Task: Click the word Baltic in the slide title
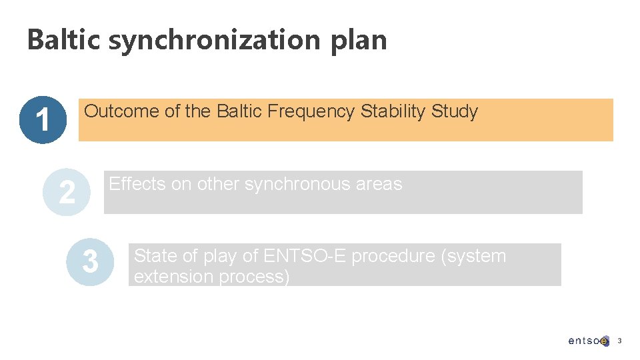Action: click(x=64, y=40)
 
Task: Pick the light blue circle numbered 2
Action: click(x=67, y=192)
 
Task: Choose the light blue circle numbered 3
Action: click(x=90, y=262)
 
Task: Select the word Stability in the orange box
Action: click(x=393, y=112)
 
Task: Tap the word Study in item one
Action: click(x=455, y=112)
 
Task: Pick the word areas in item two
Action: click(x=379, y=185)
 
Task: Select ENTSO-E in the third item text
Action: click(x=305, y=256)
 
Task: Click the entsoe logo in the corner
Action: click(x=588, y=341)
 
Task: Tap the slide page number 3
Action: click(x=619, y=341)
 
